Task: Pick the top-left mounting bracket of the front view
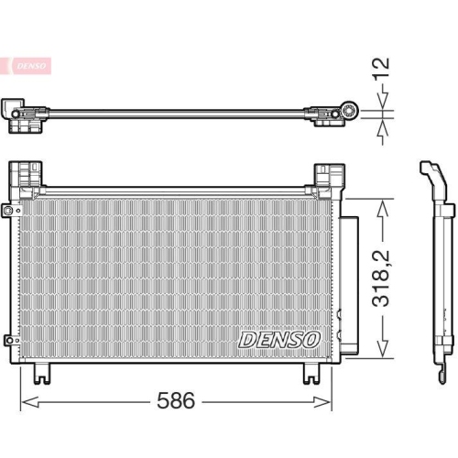tap(26, 174)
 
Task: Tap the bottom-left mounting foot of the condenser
tap(39, 372)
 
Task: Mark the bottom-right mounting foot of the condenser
tap(309, 372)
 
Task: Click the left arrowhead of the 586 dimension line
tap(25, 399)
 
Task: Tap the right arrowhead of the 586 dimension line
tap(327, 399)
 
